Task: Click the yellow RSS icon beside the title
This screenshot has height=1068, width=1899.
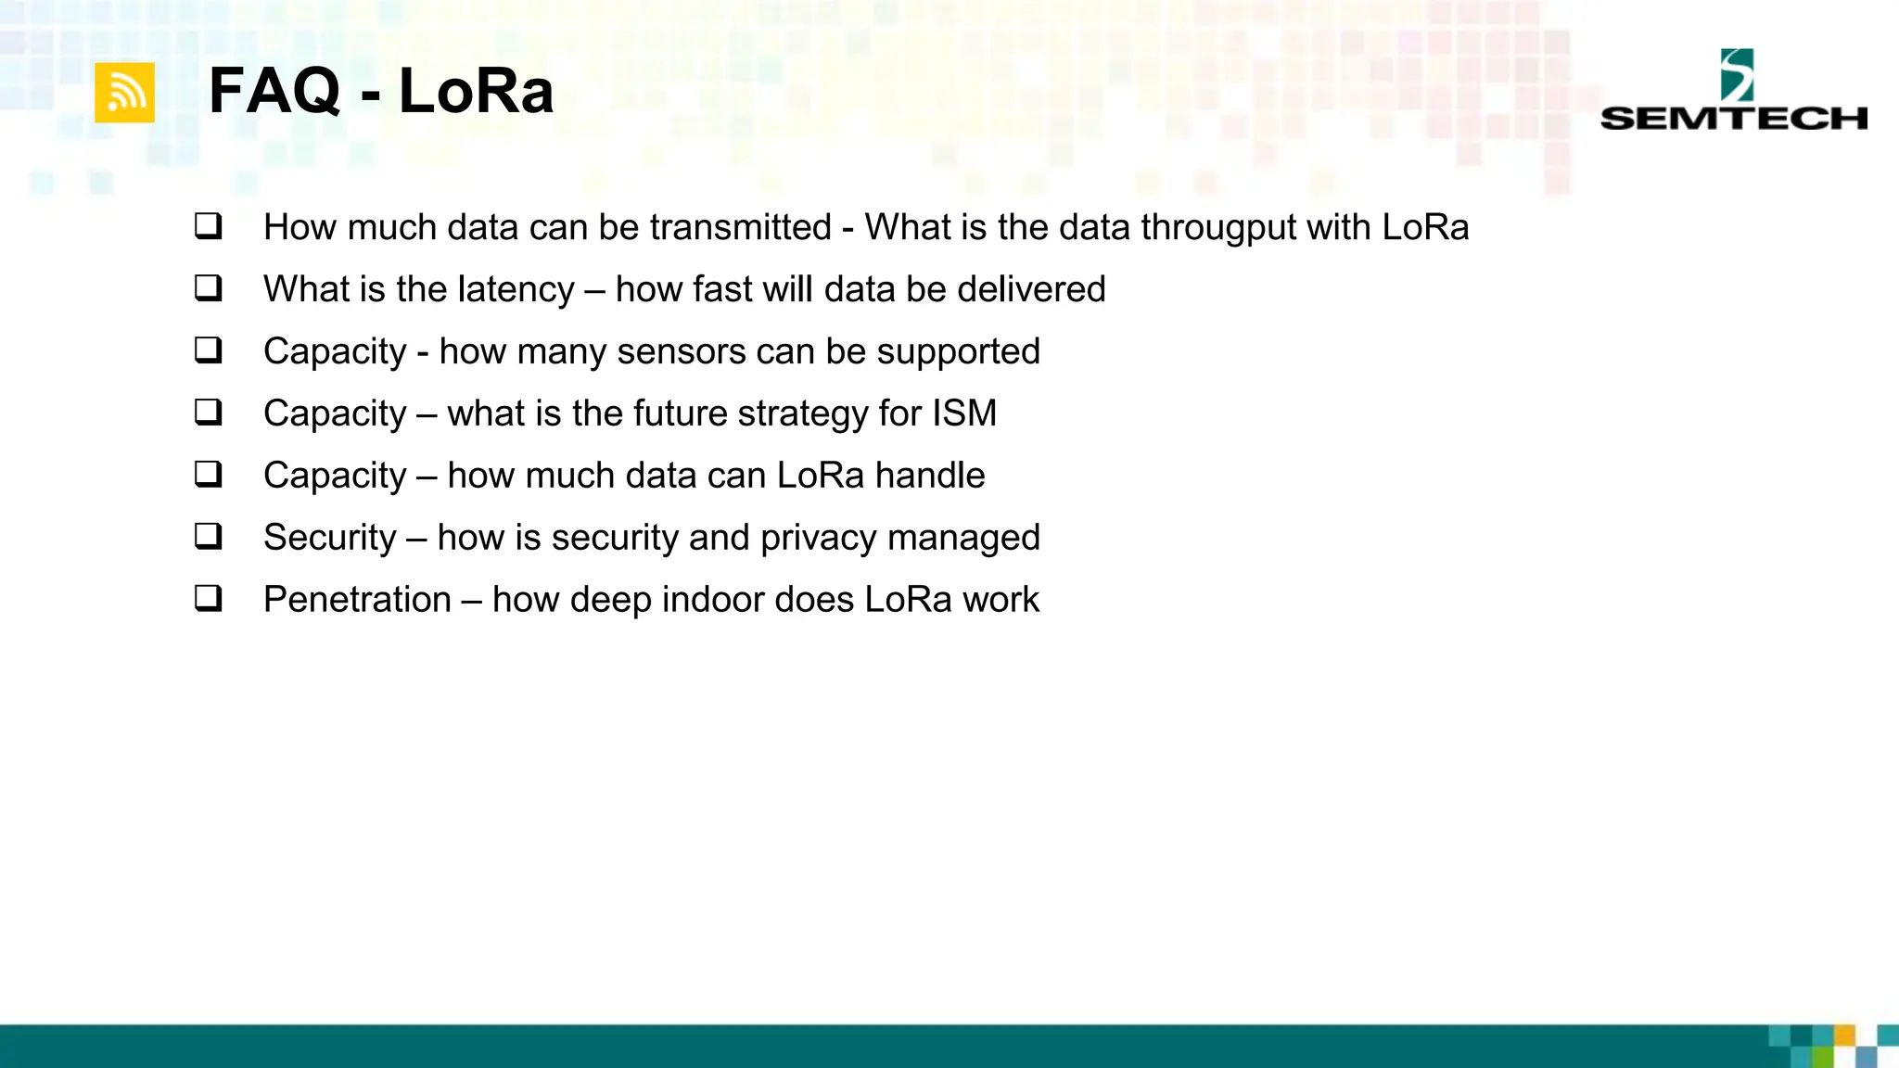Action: [124, 93]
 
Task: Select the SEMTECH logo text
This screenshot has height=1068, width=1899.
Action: [1733, 119]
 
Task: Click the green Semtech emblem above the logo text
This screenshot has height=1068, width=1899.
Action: [1737, 75]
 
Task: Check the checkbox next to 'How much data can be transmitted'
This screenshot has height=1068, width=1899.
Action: [209, 226]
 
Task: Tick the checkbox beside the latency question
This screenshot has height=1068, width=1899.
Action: [209, 288]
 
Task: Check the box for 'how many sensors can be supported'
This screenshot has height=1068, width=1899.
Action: [209, 350]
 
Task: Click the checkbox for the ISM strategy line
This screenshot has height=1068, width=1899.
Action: [209, 412]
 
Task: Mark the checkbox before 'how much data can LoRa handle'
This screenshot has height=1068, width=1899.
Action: [209, 474]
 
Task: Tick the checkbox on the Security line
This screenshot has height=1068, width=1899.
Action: [209, 536]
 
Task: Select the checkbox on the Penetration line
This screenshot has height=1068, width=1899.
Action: [209, 598]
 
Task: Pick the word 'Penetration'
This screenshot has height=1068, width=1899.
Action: [357, 600]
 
